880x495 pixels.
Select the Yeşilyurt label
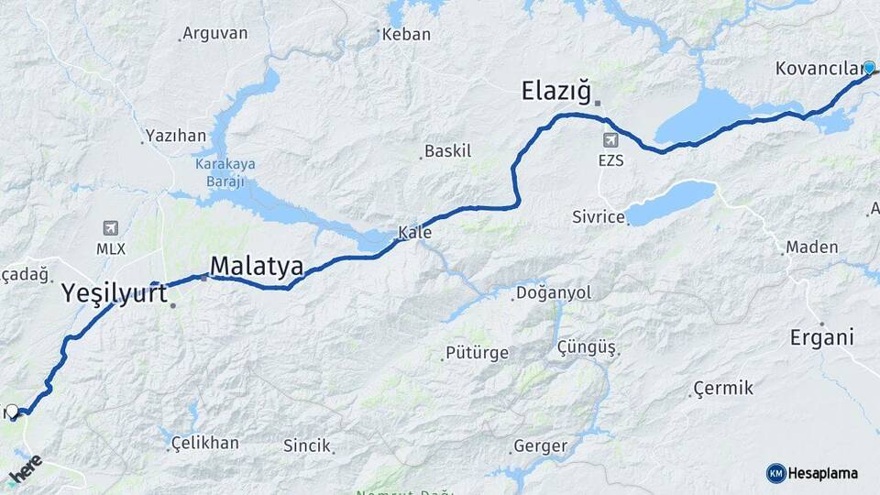click(x=114, y=292)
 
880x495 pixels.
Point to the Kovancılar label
click(x=818, y=69)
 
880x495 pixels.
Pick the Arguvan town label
click(x=214, y=33)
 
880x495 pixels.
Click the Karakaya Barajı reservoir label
click(x=225, y=172)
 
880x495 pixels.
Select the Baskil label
click(x=448, y=150)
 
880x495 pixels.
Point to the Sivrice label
click(x=598, y=217)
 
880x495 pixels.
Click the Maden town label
click(x=811, y=247)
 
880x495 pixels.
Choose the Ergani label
click(x=821, y=336)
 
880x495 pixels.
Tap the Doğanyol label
click(x=554, y=292)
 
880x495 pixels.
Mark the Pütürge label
click(x=476, y=353)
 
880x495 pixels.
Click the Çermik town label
click(x=723, y=388)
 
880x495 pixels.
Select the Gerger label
click(x=541, y=446)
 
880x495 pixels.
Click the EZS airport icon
click(x=610, y=140)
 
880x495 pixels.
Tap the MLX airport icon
click(x=111, y=228)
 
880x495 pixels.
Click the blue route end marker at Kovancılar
click(x=869, y=67)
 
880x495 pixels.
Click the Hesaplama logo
click(x=812, y=473)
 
